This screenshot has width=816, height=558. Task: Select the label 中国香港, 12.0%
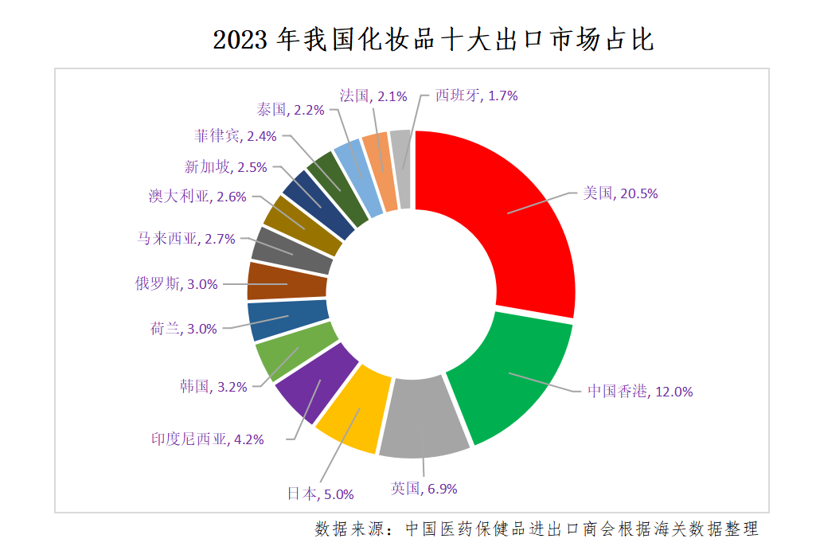639,391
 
